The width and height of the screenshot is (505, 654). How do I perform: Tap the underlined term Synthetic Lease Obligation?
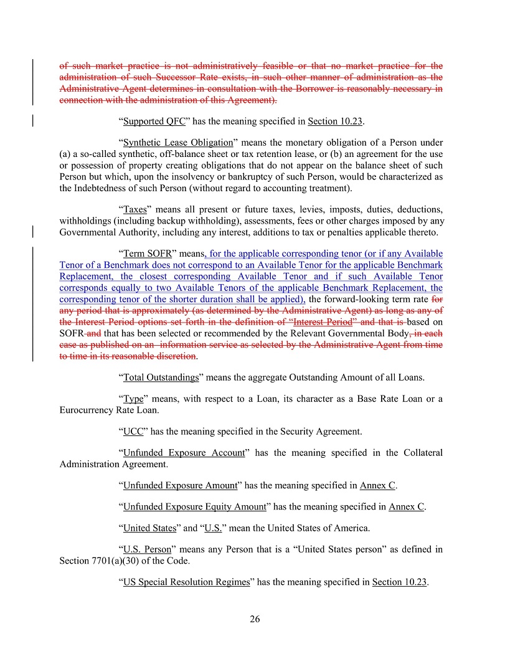pos(178,143)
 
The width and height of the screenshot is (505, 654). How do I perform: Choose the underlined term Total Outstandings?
pos(161,377)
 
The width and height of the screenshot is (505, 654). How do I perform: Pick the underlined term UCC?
pos(133,431)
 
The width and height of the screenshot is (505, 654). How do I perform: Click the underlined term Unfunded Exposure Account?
pos(184,453)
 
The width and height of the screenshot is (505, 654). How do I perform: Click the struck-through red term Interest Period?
pos(323,322)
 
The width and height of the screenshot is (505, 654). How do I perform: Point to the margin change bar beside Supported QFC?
pos(32,120)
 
